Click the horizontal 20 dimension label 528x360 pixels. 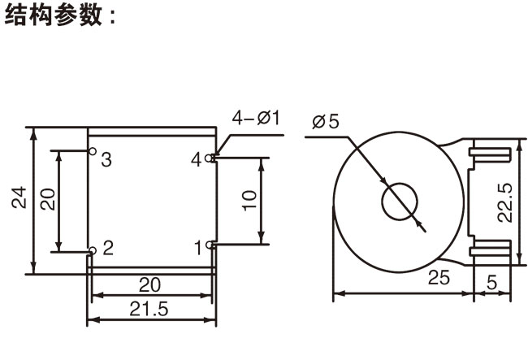click(150, 284)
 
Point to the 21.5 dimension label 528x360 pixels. click(149, 309)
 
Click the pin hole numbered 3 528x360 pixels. click(92, 152)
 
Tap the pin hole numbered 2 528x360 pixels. click(92, 249)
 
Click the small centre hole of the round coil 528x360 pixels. click(398, 202)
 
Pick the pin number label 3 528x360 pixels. click(106, 158)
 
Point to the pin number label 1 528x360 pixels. click(198, 245)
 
